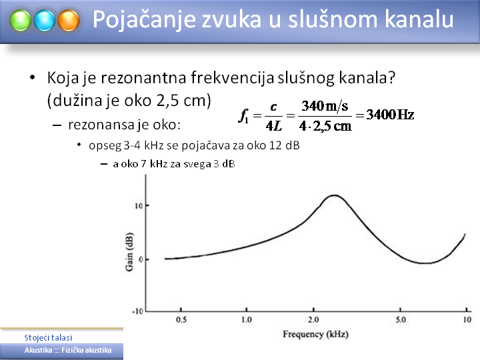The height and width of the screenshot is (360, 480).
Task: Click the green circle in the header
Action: [x=20, y=21]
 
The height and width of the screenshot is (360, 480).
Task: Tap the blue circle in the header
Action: [x=45, y=21]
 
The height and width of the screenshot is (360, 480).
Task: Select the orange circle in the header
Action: [x=69, y=21]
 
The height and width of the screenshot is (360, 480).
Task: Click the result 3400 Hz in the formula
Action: [x=390, y=115]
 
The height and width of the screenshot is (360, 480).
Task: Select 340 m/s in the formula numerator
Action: [x=325, y=106]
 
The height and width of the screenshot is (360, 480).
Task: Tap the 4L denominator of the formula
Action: [x=274, y=125]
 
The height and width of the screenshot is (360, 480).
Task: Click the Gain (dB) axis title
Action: [x=129, y=251]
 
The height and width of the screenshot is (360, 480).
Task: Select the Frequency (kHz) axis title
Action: [x=315, y=334]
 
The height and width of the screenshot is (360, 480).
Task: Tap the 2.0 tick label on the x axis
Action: [x=313, y=319]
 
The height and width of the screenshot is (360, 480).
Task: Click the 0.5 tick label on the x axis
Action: [x=181, y=319]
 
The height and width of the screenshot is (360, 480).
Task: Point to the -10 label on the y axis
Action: [x=137, y=311]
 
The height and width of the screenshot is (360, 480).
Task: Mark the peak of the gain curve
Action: [x=334, y=195]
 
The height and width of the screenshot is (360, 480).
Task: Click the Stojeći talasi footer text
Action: [x=49, y=337]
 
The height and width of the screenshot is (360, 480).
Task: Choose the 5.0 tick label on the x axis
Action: [x=401, y=319]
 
